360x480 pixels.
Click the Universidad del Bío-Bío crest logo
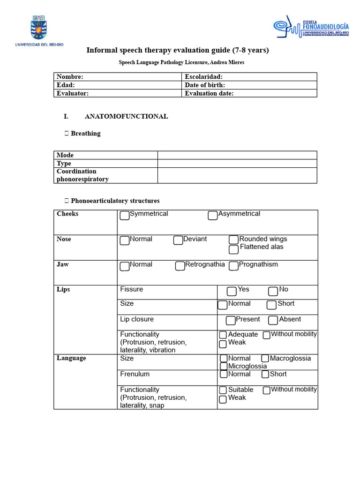tap(39, 28)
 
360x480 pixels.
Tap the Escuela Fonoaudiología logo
tap(311, 29)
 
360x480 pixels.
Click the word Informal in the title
tap(102, 50)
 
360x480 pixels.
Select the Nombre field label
tap(70, 77)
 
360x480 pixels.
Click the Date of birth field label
tap(205, 85)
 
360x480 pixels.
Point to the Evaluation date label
tap(209, 93)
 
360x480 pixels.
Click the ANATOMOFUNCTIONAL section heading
tap(126, 116)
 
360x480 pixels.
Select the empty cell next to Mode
tap(237, 155)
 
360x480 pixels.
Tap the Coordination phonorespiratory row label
tap(82, 175)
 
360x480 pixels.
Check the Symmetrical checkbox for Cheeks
tap(125, 215)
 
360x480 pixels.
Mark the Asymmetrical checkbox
tap(213, 215)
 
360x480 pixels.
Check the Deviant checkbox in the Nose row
tap(178, 240)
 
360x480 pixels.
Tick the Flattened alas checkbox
tap(234, 249)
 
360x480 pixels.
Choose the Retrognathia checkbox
tap(180, 266)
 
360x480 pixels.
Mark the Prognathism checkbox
tap(234, 266)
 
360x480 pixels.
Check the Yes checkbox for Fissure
tap(232, 291)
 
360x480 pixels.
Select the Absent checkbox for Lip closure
tap(273, 321)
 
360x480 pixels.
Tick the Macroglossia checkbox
tap(265, 359)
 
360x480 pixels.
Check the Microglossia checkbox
tap(224, 367)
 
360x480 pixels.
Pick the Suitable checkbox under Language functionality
tap(223, 390)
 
